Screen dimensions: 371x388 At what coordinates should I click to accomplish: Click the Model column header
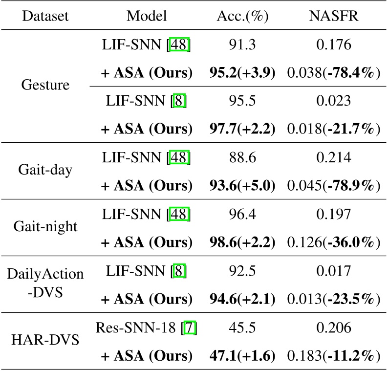pyautogui.click(x=147, y=16)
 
